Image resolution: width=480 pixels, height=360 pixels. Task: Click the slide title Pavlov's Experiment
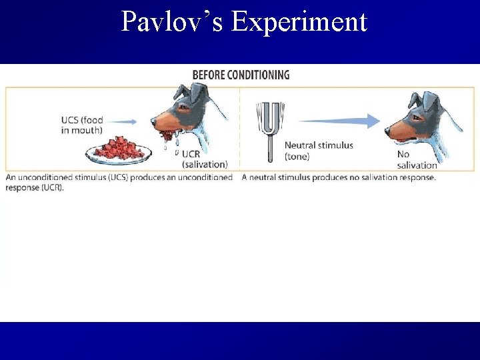pos(244,21)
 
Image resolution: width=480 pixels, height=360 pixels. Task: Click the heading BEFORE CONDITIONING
pos(241,75)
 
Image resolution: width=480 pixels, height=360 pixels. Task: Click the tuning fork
pos(271,127)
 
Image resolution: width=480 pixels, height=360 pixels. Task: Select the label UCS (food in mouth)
pos(82,125)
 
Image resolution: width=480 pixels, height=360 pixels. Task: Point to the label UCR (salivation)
pos(204,159)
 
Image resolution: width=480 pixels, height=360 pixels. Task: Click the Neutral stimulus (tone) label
pos(319,151)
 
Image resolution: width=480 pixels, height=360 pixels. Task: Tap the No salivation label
pos(417,160)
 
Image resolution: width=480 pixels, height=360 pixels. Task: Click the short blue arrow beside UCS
pos(123,121)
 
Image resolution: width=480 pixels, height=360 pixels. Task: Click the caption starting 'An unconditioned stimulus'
pos(119,182)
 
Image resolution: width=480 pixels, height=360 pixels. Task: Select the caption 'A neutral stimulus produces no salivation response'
pos(338,177)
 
